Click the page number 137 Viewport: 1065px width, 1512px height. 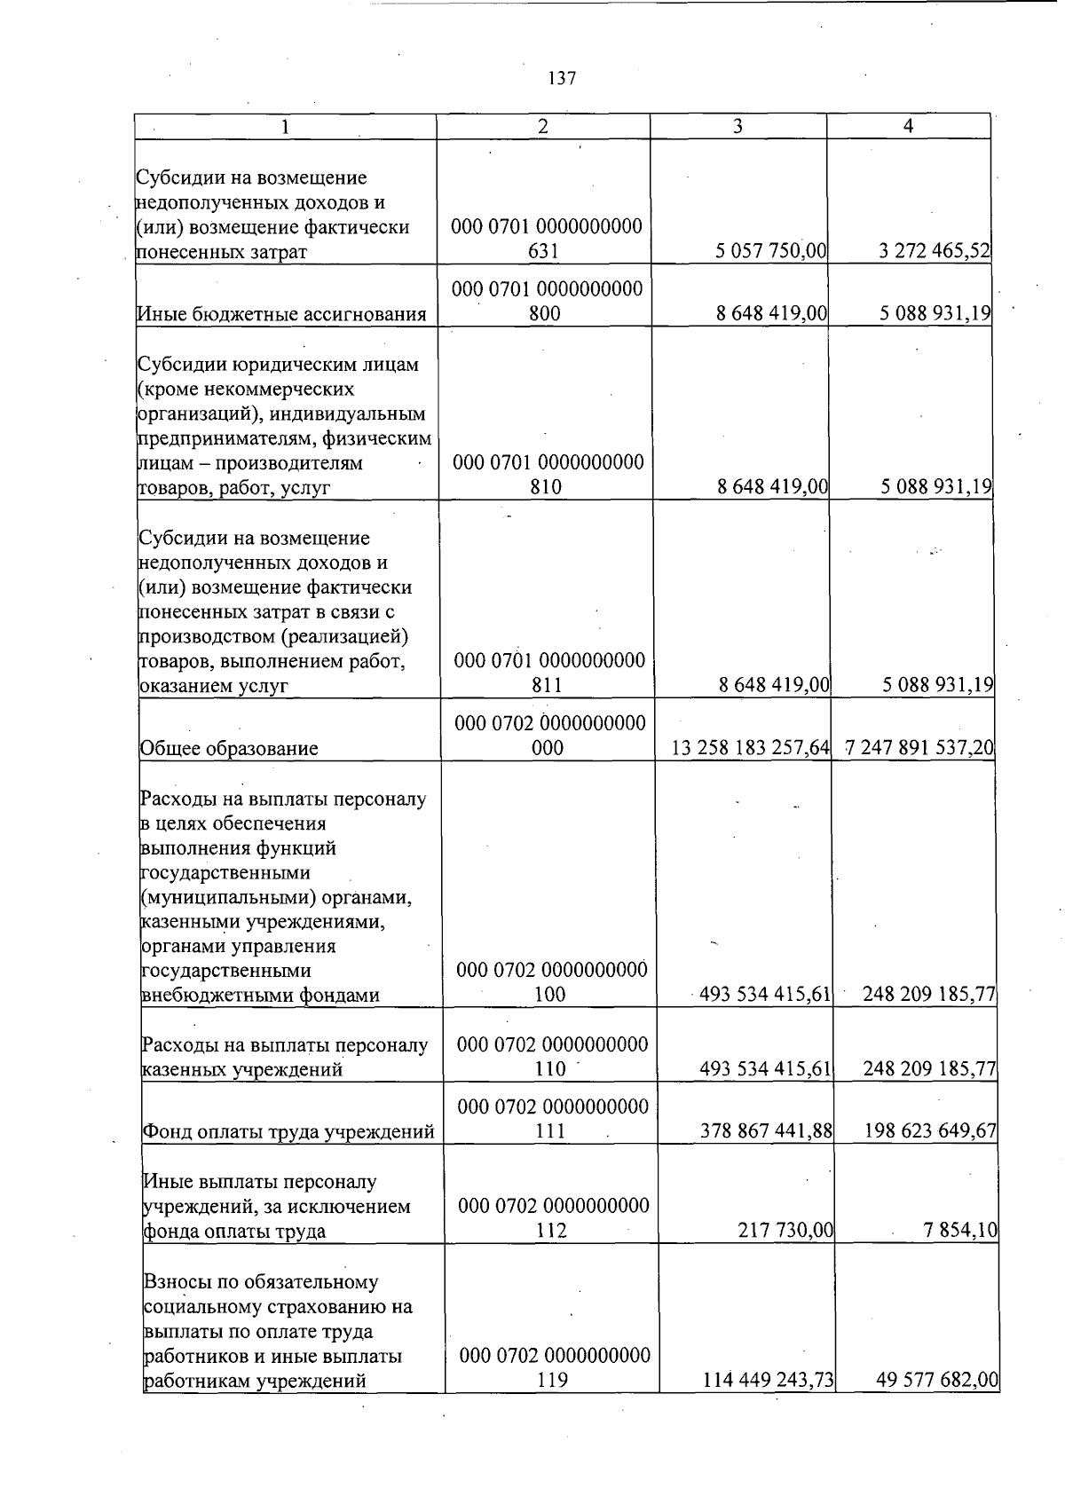coord(562,79)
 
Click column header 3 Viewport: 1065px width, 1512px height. coord(738,127)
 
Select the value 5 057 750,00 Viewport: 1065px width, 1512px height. coord(770,252)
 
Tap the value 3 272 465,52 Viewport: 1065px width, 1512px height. coord(935,252)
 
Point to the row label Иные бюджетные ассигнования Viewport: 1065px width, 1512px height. coord(281,314)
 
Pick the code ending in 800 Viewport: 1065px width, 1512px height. coord(547,302)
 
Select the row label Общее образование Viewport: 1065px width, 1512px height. coord(229,749)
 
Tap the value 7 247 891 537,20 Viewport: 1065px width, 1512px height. coord(919,749)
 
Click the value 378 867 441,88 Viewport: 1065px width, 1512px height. coord(765,1132)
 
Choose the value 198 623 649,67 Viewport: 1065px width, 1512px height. coord(929,1132)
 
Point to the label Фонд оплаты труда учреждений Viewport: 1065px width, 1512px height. coord(288,1132)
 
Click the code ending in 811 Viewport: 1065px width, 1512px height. coord(549,673)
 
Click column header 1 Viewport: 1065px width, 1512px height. coord(285,127)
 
